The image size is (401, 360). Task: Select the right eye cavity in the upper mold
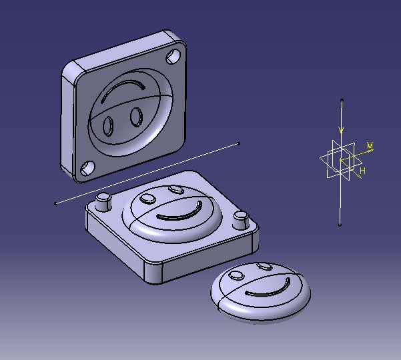tap(135, 117)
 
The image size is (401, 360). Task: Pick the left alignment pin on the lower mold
tap(103, 201)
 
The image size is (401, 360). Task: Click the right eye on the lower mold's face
tap(176, 190)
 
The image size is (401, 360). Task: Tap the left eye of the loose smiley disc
tap(236, 274)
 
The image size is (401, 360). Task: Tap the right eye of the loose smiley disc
tap(264, 267)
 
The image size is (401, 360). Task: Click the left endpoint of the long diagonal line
tap(55, 203)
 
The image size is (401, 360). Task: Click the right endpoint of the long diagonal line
tap(239, 143)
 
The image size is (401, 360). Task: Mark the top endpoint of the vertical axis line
tap(342, 100)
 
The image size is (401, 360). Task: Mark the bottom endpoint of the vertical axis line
tap(340, 225)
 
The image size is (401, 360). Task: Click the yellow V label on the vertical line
tap(342, 129)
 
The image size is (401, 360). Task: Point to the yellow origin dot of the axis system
tap(340, 161)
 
